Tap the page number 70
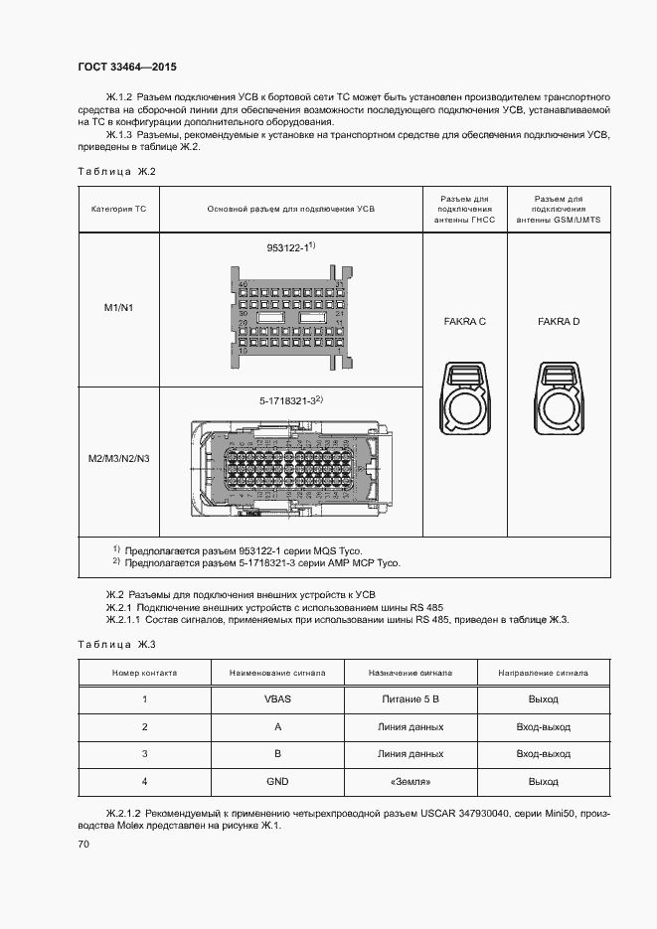(83, 845)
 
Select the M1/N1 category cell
(118, 308)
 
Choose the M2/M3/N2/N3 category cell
(118, 458)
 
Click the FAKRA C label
(463, 321)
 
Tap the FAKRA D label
(558, 321)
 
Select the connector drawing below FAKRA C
(463, 397)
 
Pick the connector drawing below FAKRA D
(558, 397)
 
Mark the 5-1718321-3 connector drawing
(290, 467)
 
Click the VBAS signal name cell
(277, 698)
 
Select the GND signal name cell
(277, 782)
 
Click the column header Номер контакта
(145, 673)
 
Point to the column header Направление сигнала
(544, 673)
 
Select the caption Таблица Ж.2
(117, 172)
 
